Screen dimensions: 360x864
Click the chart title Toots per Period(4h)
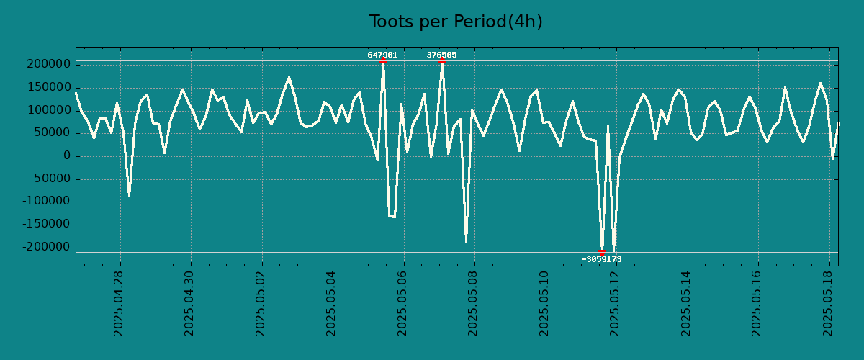(456, 22)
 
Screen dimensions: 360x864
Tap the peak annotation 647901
(382, 55)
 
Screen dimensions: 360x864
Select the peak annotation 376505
(441, 55)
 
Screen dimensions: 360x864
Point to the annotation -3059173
(601, 259)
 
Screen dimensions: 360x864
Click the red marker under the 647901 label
(383, 61)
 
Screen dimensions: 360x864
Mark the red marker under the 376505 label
(442, 61)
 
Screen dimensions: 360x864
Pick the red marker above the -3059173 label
(602, 253)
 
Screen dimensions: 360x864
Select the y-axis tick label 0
(67, 156)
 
